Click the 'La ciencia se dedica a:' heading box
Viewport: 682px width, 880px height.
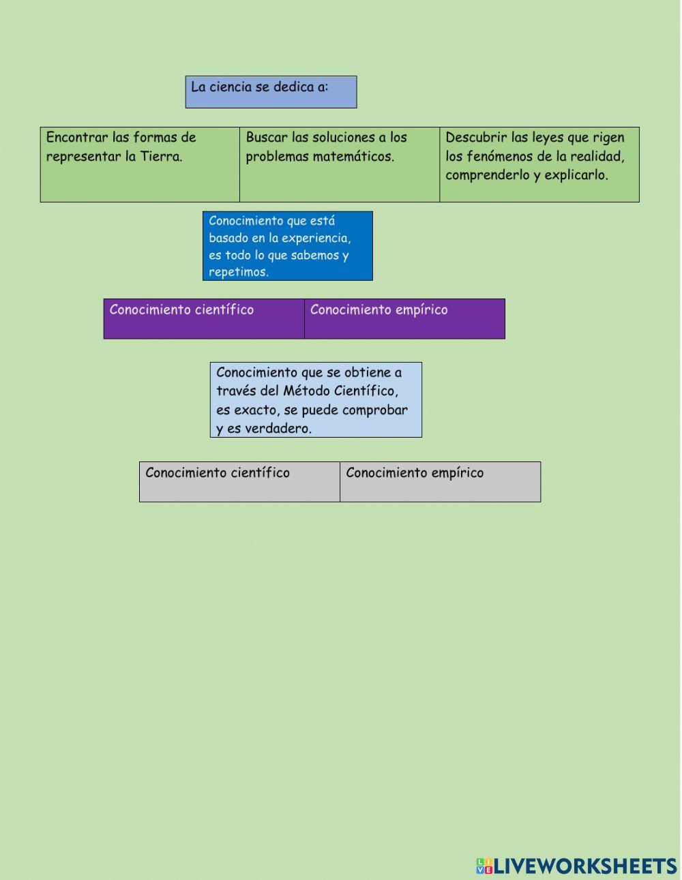[x=271, y=92]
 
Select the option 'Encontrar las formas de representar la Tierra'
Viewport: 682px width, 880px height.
[x=140, y=164]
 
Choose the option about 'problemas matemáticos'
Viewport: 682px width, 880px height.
[x=339, y=164]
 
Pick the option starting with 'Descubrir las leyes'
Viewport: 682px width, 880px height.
[x=539, y=164]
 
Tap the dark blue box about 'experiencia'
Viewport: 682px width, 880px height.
[x=287, y=246]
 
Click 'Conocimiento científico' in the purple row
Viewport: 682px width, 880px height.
[x=203, y=318]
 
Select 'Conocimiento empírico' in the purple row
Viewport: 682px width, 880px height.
[x=404, y=318]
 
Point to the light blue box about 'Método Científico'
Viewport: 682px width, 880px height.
[x=315, y=399]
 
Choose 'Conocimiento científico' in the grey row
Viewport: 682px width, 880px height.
[x=239, y=482]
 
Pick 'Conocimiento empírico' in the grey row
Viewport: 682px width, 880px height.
[x=440, y=482]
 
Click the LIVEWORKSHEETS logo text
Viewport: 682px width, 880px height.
[x=585, y=866]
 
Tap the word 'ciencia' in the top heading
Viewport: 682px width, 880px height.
[x=230, y=87]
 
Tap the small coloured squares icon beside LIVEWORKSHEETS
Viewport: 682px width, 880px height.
[x=484, y=866]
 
